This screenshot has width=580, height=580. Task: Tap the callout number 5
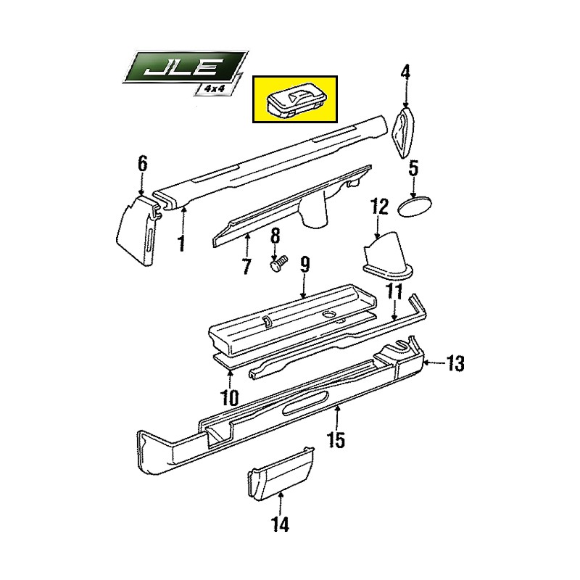(413, 169)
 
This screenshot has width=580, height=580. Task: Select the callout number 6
(142, 164)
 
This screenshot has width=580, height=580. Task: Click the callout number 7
(246, 266)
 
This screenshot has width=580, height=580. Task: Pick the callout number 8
(275, 236)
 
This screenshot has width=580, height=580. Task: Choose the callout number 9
(305, 265)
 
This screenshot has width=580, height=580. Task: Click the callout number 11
(394, 293)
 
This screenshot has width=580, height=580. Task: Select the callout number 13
(455, 363)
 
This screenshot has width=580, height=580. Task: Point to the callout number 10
(229, 397)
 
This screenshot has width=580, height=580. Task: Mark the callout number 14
(280, 524)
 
